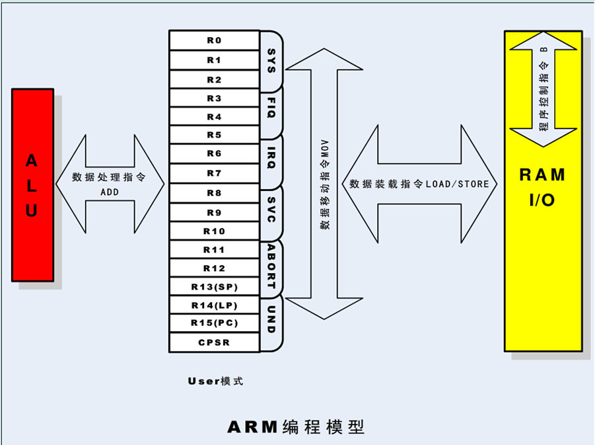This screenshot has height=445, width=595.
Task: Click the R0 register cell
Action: pos(214,40)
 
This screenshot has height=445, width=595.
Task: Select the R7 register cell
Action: pos(214,174)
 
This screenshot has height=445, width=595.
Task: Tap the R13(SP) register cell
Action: pos(214,287)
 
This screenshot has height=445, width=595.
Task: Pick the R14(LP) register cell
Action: pos(214,305)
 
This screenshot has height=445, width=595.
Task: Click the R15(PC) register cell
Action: pos(214,323)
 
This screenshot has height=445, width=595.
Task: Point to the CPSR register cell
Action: pos(214,343)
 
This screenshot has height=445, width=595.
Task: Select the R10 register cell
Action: pos(214,231)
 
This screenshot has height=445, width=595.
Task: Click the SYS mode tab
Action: pos(271,60)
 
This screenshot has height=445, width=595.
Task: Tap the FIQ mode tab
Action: pos(271,107)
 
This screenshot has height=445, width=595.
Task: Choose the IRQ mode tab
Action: pos(271,155)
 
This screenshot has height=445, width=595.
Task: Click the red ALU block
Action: pos(32,185)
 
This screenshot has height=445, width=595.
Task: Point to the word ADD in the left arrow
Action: pos(110,192)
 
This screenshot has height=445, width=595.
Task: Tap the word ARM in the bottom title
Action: pos(252,426)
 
